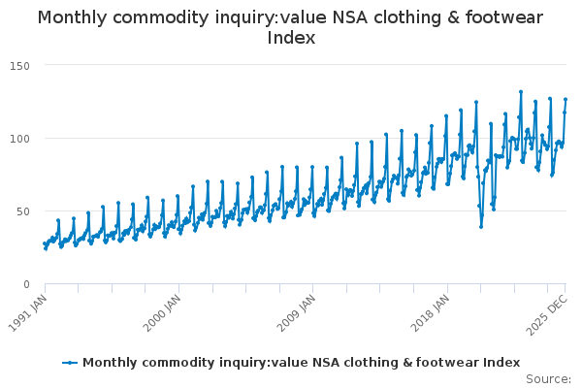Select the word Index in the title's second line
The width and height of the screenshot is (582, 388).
(291, 38)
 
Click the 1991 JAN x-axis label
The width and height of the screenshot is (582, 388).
(29, 308)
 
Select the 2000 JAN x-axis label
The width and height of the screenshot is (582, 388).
(162, 308)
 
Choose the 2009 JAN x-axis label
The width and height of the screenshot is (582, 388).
(295, 308)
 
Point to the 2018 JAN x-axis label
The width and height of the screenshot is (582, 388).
(428, 308)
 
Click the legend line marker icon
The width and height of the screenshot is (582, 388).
(70, 363)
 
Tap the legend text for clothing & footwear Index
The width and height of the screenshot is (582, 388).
(301, 363)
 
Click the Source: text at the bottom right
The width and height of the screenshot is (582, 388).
(548, 378)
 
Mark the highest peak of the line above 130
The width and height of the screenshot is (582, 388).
(521, 92)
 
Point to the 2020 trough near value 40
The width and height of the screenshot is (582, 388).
(481, 226)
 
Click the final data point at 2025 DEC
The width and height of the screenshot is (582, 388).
(566, 99)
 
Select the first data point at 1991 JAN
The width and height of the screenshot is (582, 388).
(44, 243)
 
